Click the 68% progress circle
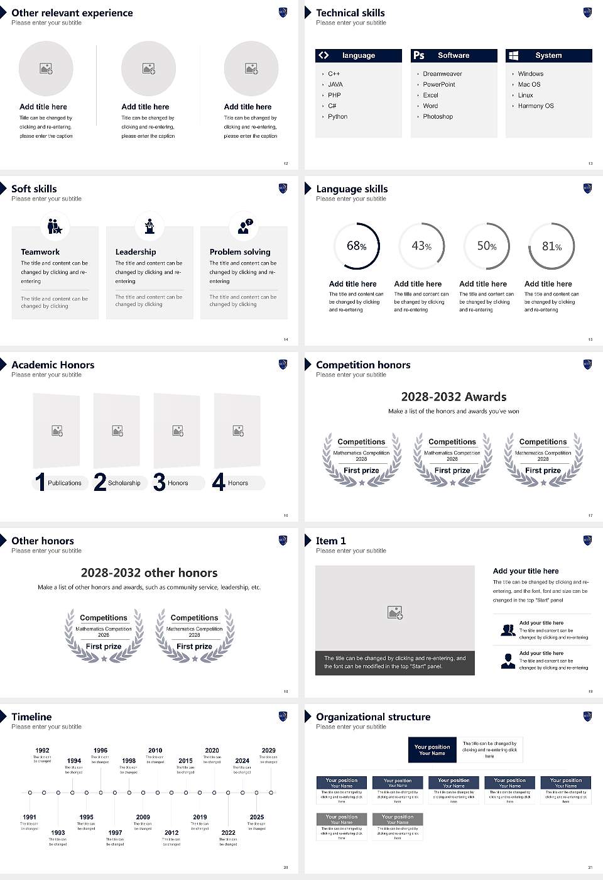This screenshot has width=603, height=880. click(x=357, y=246)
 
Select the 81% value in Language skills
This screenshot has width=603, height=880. click(x=551, y=246)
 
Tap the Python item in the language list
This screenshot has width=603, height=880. click(x=337, y=116)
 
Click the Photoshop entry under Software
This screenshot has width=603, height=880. click(x=438, y=116)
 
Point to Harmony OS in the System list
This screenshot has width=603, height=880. click(x=536, y=106)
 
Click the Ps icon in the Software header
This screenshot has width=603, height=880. click(x=419, y=55)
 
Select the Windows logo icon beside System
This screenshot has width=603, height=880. click(x=513, y=55)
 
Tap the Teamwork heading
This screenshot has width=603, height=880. click(x=40, y=251)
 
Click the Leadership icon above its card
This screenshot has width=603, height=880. click(x=149, y=226)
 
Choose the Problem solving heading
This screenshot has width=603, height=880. click(x=240, y=251)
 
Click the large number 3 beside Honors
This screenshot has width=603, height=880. click(x=160, y=482)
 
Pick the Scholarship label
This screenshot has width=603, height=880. click(x=124, y=483)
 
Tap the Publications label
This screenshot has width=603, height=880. click(x=65, y=483)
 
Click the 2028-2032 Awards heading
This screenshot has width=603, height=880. click(x=454, y=397)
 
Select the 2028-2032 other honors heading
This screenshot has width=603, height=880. click(x=149, y=573)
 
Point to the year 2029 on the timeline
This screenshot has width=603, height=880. click(x=269, y=750)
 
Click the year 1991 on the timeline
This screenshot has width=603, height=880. click(x=30, y=817)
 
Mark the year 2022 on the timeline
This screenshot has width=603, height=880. click(x=229, y=832)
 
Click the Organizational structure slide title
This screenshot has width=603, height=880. click(x=373, y=717)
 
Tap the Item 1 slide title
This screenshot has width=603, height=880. click(x=330, y=541)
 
